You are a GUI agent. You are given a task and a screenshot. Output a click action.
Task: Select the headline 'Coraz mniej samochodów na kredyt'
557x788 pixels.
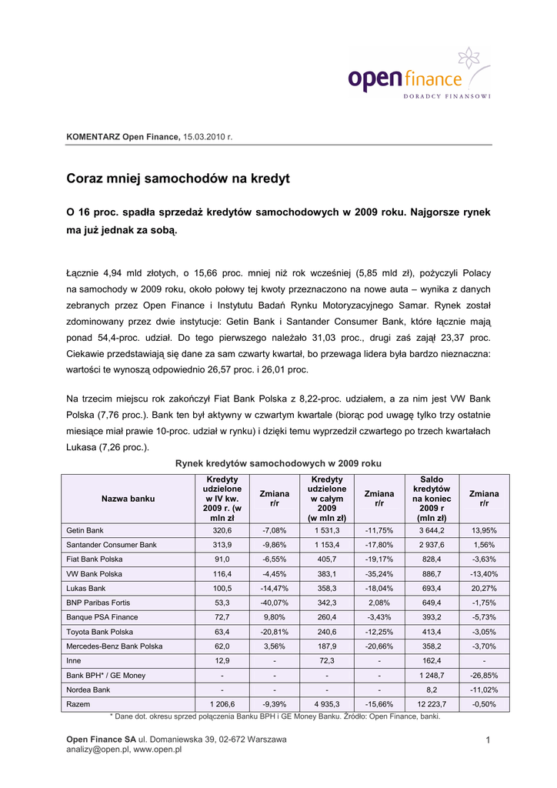178,179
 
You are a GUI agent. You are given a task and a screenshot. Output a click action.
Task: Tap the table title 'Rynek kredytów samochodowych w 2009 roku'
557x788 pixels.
278,463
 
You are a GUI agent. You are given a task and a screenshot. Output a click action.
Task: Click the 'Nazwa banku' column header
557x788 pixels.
128,499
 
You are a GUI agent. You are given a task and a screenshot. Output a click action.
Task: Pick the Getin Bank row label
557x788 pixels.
85,530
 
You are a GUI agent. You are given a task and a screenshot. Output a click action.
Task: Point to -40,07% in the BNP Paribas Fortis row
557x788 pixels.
275,603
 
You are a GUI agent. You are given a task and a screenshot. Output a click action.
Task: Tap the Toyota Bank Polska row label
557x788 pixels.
100,631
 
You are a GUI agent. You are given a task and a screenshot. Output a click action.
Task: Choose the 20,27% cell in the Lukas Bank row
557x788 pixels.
484,588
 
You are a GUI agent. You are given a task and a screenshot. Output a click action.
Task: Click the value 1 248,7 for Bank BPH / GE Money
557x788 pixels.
432,675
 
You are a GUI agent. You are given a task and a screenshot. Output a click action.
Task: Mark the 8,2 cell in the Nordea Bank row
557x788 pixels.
432,689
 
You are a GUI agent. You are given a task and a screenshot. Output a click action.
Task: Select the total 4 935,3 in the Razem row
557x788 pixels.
327,704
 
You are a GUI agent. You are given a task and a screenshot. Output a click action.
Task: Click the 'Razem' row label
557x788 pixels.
78,704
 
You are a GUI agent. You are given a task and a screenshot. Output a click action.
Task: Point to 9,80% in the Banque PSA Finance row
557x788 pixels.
275,617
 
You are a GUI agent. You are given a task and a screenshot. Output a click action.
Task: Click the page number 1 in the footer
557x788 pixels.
488,740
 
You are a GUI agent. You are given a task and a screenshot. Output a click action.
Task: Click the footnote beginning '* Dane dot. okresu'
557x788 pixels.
276,716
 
